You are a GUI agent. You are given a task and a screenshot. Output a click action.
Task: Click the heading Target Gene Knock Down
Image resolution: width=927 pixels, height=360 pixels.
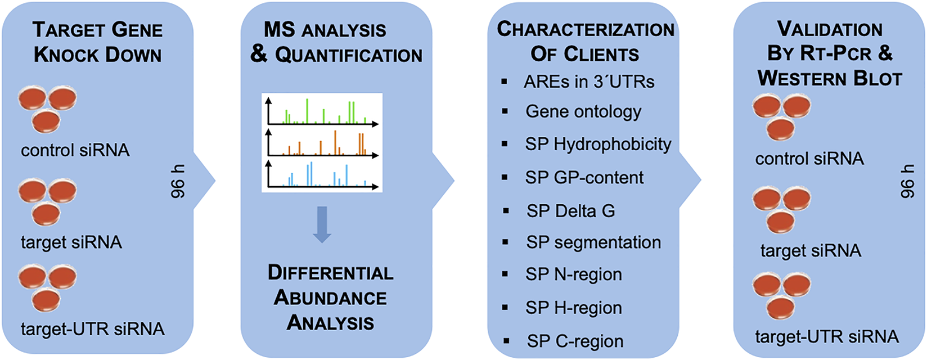pos(97,42)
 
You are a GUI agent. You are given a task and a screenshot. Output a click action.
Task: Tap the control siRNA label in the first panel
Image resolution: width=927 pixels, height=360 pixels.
pos(75,150)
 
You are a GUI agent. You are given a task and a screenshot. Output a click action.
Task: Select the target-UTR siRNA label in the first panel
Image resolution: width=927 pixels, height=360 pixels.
pos(92,328)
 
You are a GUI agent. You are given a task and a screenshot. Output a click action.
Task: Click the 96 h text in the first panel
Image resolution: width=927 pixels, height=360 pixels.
pos(177,181)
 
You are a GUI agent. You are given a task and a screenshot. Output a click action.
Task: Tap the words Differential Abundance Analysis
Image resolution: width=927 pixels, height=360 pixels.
pos(330,298)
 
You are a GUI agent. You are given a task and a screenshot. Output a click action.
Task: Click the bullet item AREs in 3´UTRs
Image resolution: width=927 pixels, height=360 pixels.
pos(588,82)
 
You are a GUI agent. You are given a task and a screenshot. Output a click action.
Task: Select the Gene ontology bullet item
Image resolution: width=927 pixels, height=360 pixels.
pos(583,111)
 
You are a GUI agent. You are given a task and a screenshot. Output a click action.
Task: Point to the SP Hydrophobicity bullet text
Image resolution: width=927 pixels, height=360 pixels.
pos(598,144)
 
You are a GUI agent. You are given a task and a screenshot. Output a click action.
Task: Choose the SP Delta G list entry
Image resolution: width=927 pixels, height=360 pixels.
pos(570,211)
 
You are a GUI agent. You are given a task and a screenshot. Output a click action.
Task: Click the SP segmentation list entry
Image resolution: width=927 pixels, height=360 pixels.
pos(593,242)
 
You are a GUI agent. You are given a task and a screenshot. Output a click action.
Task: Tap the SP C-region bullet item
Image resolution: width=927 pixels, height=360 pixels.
pos(575,341)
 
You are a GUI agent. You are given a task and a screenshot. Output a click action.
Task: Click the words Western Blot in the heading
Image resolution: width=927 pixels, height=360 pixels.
pos(830,78)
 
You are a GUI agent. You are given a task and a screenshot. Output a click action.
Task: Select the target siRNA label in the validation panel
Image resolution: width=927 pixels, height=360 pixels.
pos(810,250)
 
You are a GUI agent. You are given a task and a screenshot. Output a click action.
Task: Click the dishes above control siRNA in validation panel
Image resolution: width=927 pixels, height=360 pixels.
pos(781,116)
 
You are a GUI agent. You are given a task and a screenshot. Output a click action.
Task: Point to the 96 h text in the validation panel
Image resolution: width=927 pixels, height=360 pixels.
pos(907,181)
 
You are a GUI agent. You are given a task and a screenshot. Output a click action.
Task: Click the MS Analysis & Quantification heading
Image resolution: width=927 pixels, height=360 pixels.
pos(336,42)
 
